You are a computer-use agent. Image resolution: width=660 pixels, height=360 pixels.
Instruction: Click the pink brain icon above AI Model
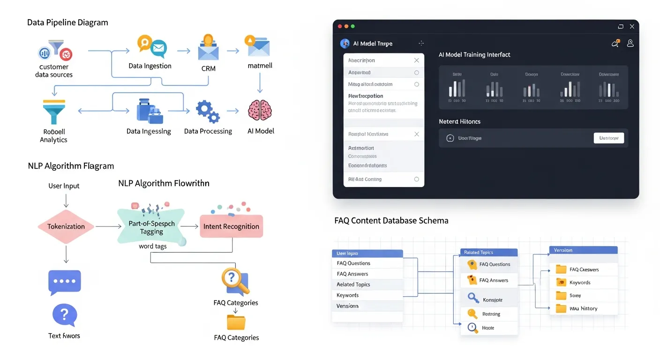click(260, 110)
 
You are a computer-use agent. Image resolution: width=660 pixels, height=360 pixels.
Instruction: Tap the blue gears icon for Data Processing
click(207, 111)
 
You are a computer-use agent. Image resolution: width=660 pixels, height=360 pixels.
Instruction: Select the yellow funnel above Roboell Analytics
click(53, 112)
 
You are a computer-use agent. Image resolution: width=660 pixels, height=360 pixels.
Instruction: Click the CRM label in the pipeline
click(208, 68)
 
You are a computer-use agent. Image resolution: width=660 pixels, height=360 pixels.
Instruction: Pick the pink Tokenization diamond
click(66, 226)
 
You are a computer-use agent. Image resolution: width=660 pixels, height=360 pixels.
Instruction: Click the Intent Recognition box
click(231, 226)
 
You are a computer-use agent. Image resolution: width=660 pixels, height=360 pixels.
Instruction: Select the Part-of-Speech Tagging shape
click(151, 227)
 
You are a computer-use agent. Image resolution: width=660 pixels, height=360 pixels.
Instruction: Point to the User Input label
click(64, 186)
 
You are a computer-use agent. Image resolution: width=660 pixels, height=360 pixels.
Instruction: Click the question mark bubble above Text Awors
click(65, 315)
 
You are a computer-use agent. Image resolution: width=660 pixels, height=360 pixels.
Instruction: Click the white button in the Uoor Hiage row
click(608, 138)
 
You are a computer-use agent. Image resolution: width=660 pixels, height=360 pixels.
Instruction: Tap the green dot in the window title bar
click(353, 26)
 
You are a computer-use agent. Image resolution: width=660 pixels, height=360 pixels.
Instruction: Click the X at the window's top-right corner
click(632, 27)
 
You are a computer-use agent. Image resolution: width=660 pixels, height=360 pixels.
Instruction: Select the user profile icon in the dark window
click(630, 43)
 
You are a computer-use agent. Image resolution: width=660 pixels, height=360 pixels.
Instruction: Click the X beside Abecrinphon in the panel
click(416, 60)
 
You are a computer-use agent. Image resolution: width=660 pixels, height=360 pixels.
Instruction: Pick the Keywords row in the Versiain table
click(583, 283)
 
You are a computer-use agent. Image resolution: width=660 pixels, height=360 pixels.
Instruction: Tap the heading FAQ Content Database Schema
click(391, 220)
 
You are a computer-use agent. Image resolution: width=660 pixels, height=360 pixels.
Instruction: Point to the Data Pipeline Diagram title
click(67, 22)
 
